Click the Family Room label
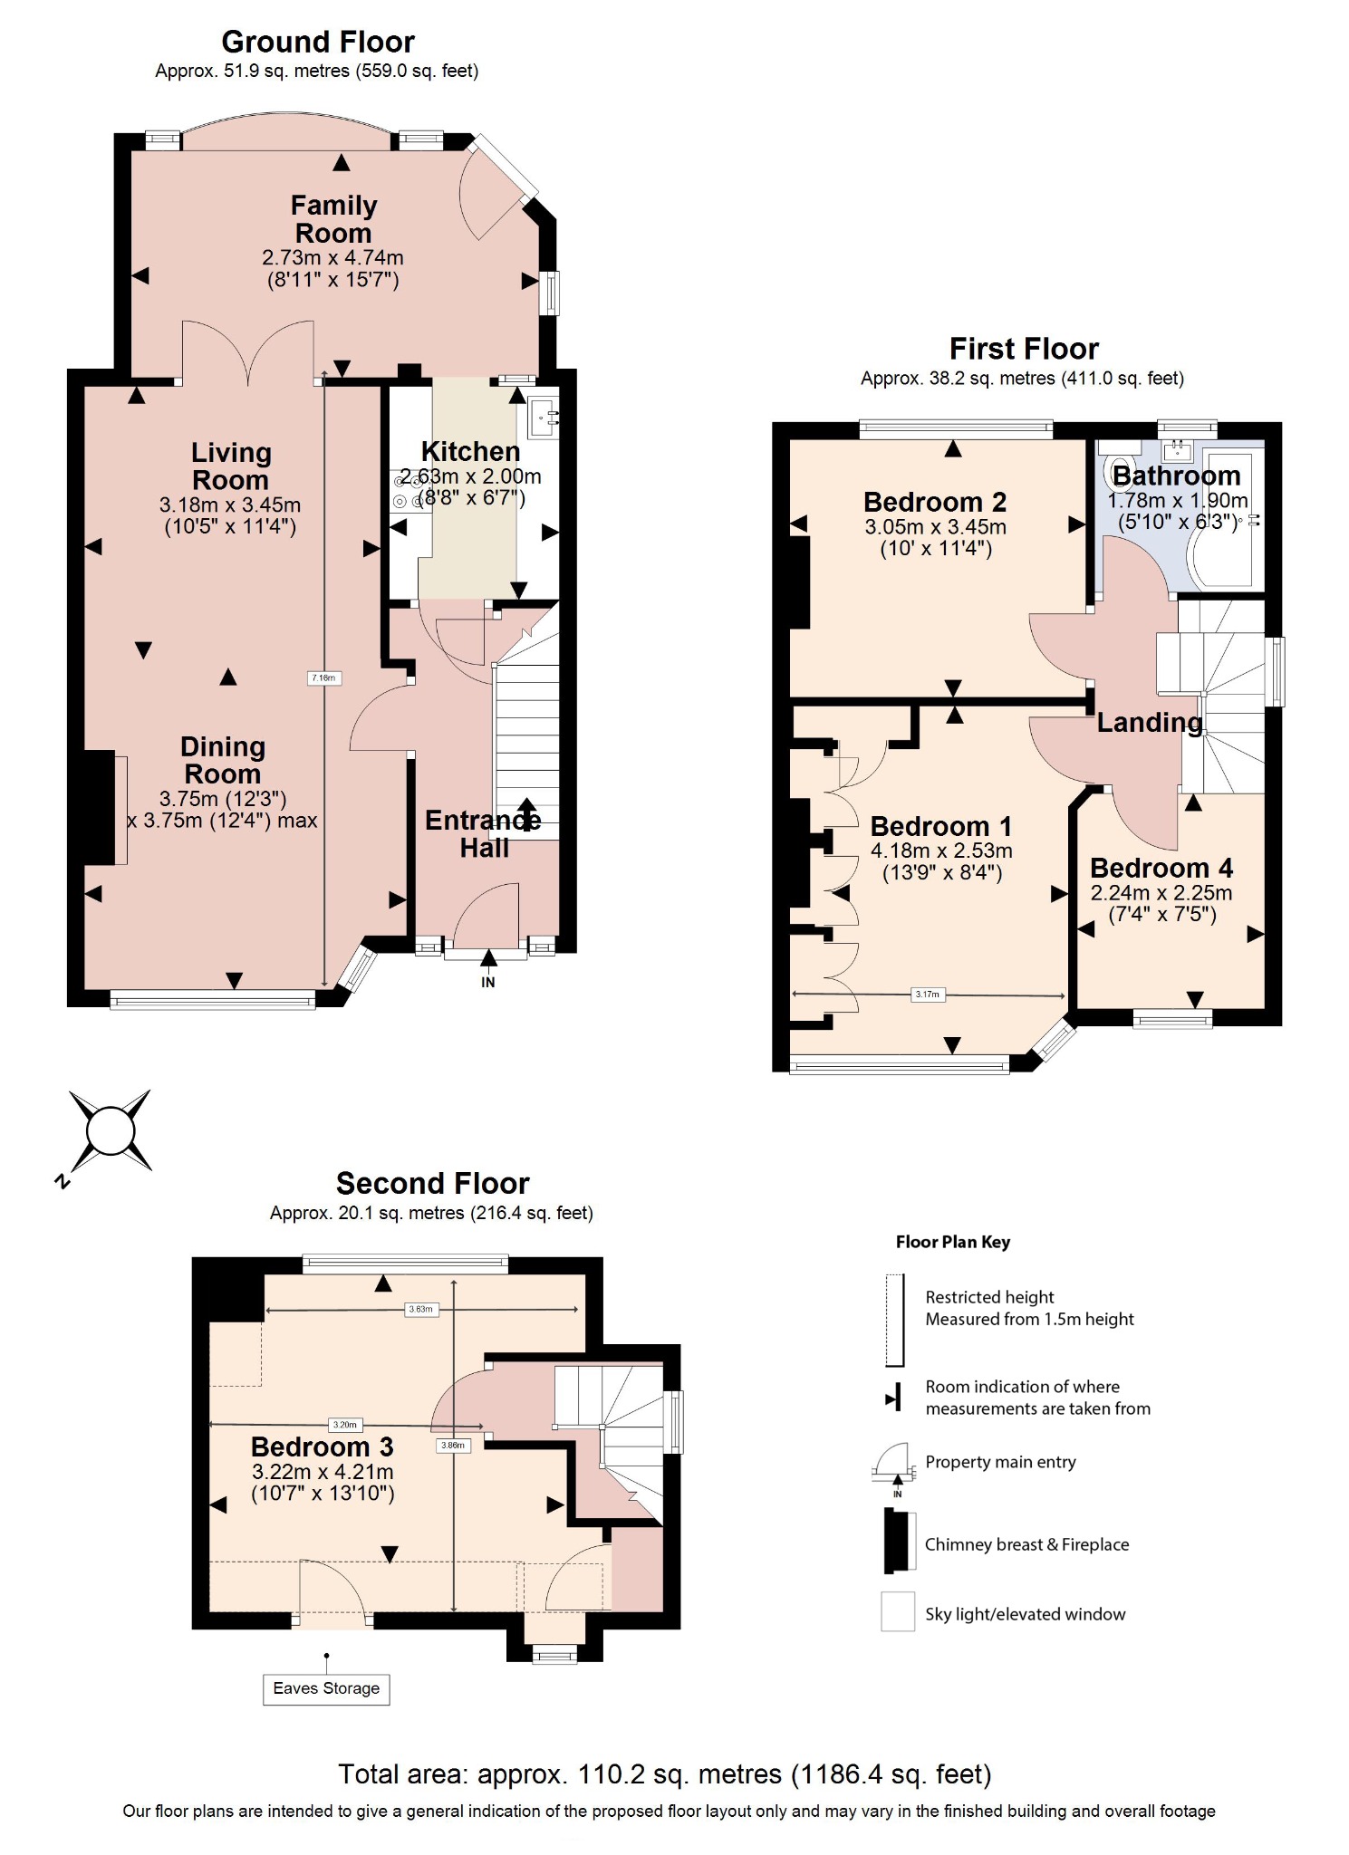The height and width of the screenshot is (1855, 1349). click(x=333, y=219)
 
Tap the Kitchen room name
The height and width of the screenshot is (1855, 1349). click(x=470, y=451)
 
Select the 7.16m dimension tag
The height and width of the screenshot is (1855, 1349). click(x=323, y=678)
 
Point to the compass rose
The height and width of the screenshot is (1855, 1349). click(x=111, y=1131)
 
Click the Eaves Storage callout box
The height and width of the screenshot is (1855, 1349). click(x=326, y=1688)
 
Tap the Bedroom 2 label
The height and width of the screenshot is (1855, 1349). click(x=934, y=502)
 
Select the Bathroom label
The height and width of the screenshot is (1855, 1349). click(x=1175, y=476)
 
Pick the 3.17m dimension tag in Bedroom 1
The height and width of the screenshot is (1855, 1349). click(x=927, y=995)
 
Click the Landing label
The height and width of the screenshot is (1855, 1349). click(x=1149, y=722)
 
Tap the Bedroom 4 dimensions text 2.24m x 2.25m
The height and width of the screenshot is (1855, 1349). click(x=1161, y=893)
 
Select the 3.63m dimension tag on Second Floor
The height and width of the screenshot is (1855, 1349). click(x=420, y=1309)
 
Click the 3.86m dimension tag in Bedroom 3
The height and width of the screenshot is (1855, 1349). click(x=452, y=1445)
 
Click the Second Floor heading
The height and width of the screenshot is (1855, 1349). click(x=432, y=1183)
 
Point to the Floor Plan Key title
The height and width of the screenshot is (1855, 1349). click(x=952, y=1242)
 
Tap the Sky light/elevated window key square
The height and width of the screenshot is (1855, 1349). click(x=898, y=1612)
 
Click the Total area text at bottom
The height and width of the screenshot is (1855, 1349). click(x=664, y=1773)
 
